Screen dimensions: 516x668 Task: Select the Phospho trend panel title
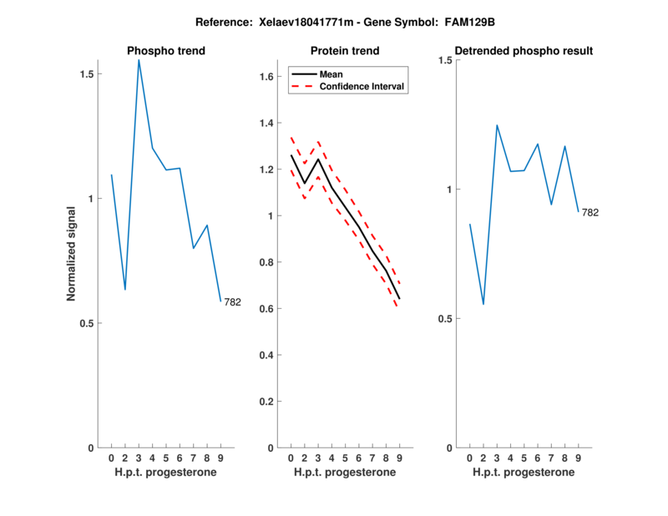(x=165, y=51)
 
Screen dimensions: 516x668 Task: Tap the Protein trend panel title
(x=344, y=51)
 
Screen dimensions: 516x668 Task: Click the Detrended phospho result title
(x=524, y=51)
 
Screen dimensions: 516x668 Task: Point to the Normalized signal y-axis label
(x=72, y=254)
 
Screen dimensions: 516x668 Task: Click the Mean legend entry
(x=331, y=73)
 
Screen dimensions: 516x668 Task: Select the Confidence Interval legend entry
(x=362, y=86)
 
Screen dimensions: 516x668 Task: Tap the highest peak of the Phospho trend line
(x=139, y=60)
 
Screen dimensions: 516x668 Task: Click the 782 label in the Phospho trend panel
(x=232, y=302)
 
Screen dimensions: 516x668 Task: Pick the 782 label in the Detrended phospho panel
(x=590, y=213)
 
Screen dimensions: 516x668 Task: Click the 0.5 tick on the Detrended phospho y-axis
(x=443, y=319)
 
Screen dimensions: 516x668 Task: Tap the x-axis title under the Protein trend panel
(x=344, y=473)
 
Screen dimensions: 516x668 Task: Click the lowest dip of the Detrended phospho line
(x=483, y=305)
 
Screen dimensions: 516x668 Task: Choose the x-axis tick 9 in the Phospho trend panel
(x=220, y=458)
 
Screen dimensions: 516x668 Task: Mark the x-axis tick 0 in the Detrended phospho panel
(x=470, y=458)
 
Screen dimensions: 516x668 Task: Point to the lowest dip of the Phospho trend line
(x=125, y=290)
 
